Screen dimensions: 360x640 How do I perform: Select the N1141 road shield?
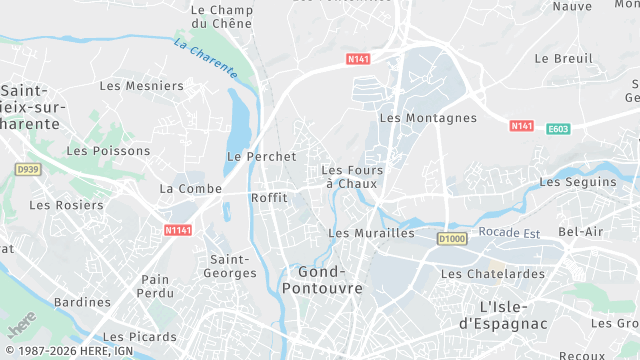177,230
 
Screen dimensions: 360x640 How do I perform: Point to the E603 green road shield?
558,128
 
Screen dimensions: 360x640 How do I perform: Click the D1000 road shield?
452,238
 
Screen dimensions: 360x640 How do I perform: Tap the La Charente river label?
206,58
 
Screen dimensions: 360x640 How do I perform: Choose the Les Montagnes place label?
428,118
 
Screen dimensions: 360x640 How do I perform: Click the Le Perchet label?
262,157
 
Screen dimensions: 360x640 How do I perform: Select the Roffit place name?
270,198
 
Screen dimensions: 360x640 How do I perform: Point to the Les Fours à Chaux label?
352,177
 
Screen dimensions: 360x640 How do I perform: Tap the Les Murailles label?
371,233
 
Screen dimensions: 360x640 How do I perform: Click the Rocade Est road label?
511,232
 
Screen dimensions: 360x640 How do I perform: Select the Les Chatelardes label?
493,273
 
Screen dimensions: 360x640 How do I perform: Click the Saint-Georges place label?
229,265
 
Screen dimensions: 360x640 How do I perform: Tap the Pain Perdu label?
155,287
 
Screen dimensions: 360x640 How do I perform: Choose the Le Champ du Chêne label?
221,17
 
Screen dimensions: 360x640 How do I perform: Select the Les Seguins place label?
578,182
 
